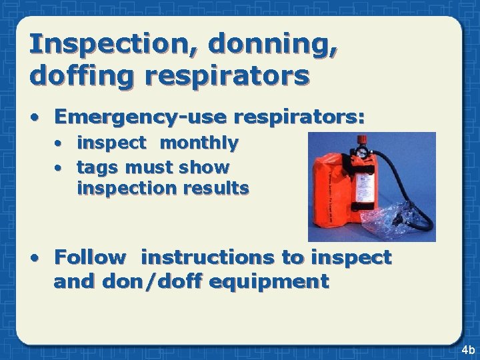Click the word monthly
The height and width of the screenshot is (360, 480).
tap(199, 143)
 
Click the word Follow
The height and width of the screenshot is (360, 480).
tap(90, 257)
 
